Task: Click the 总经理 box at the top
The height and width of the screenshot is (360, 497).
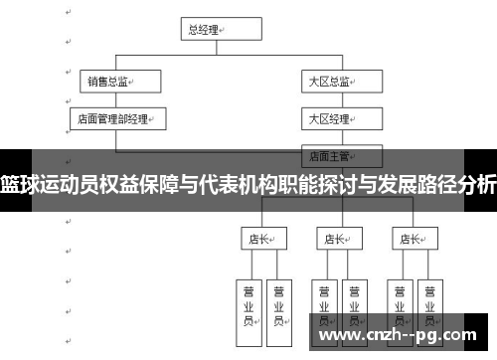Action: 205,30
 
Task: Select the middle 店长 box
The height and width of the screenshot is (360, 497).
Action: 339,239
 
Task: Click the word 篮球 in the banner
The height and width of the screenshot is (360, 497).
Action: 21,183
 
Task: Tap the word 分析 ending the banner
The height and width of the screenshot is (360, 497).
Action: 477,183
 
